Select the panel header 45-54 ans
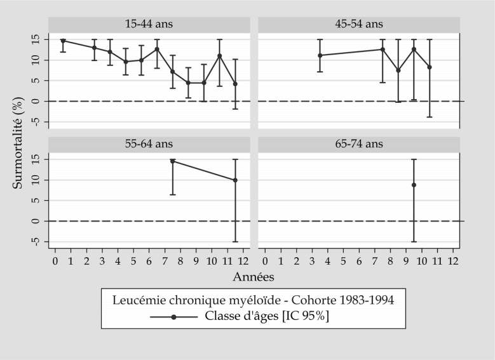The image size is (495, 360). point(358,24)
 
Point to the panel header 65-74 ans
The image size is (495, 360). point(358,144)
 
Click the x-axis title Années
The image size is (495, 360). point(254,277)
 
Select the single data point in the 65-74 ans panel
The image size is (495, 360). point(414,185)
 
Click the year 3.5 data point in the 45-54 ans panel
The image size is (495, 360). point(320,55)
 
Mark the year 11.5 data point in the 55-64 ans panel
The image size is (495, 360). point(235,180)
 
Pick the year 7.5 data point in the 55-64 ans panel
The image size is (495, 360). point(172,161)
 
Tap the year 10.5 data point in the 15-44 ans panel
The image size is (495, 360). point(219,56)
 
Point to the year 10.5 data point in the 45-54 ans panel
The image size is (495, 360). point(430,67)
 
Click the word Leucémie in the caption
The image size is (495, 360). point(136,300)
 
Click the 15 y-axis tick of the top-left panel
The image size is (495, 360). point(36,39)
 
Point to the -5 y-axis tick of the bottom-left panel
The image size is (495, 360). point(36,242)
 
